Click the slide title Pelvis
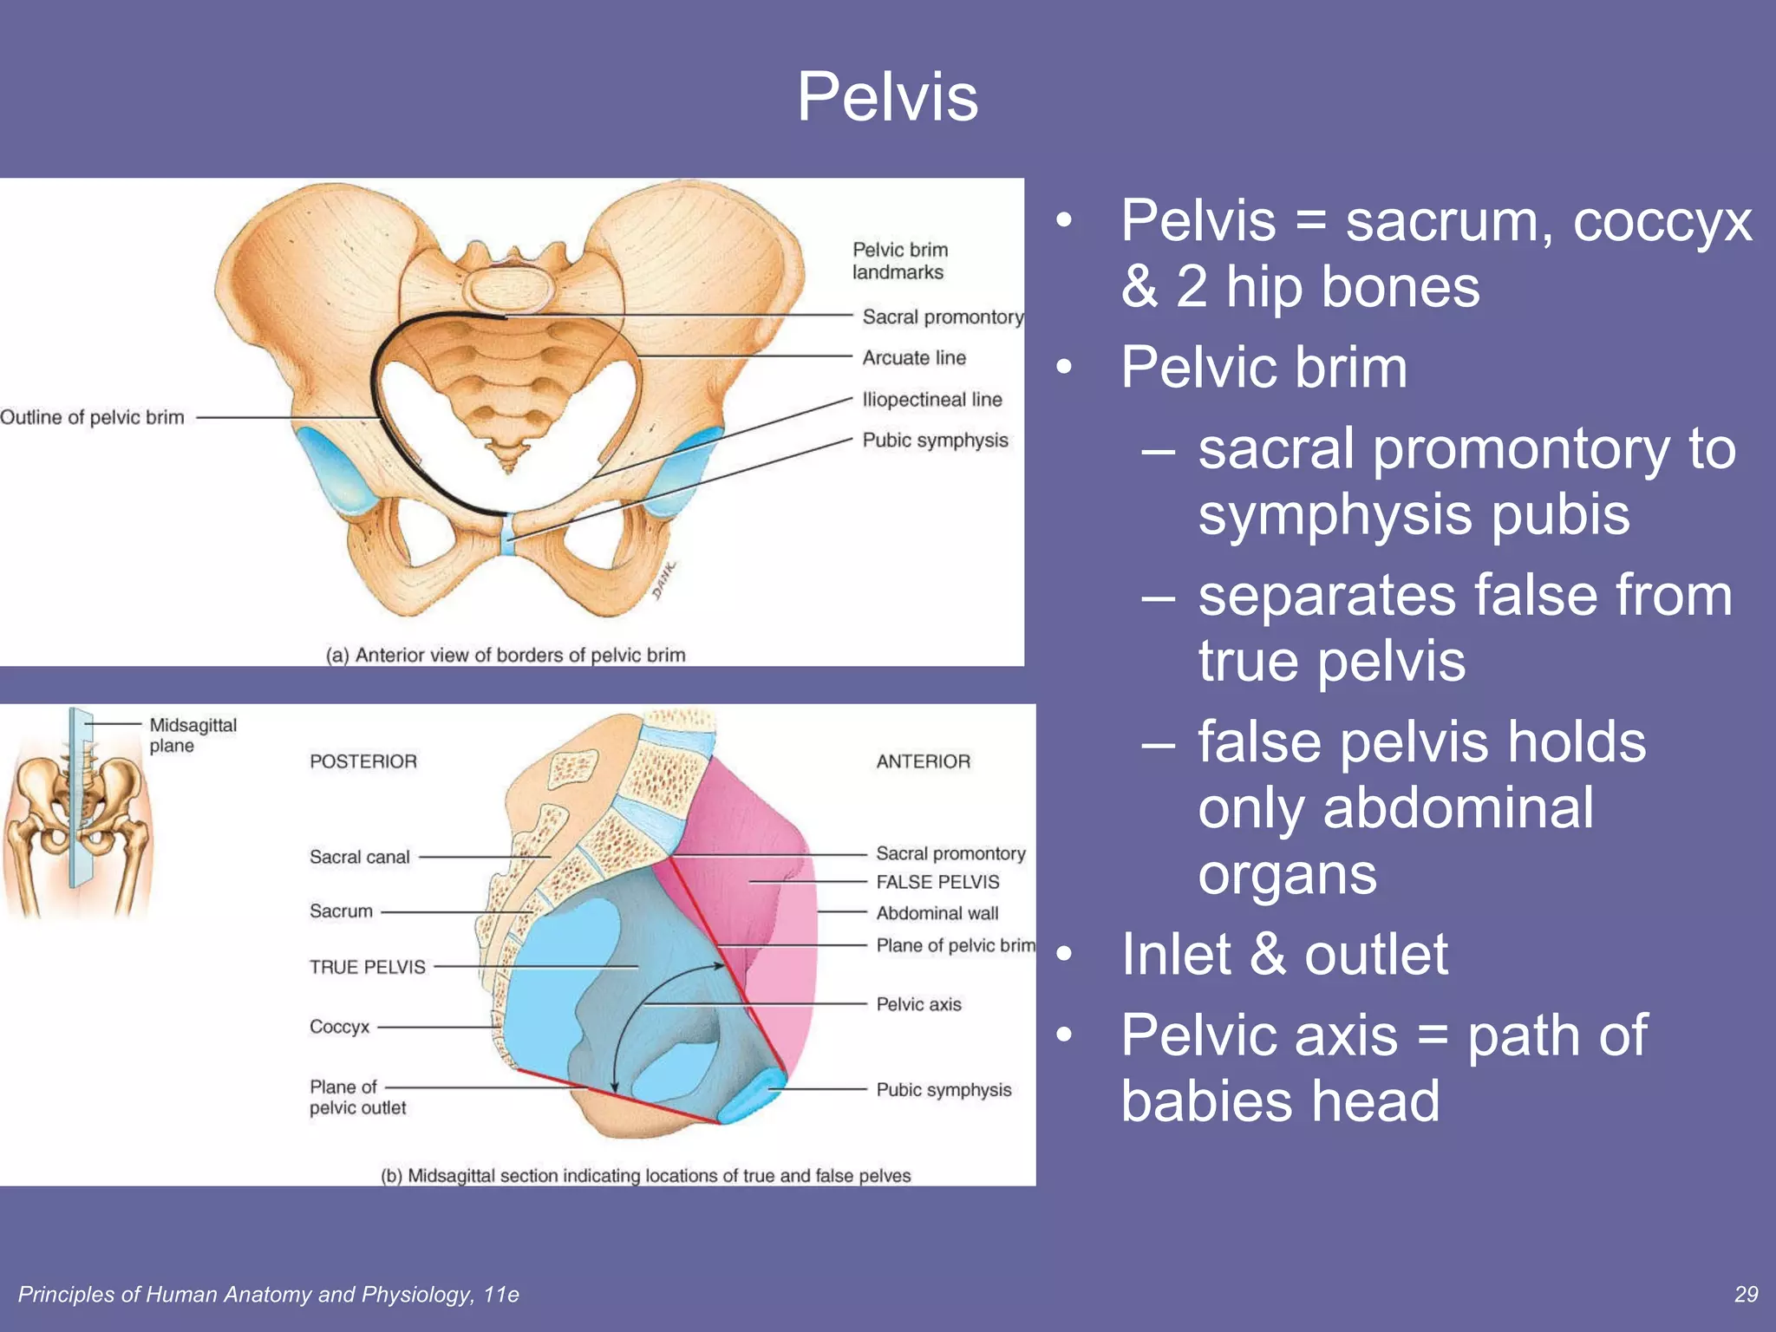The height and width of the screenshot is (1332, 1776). [x=887, y=97]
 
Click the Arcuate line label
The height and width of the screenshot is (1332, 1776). [x=913, y=357]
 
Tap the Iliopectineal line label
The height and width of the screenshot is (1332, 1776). [x=931, y=400]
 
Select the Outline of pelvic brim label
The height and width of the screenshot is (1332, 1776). [x=92, y=417]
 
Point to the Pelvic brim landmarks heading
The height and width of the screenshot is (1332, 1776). [x=899, y=261]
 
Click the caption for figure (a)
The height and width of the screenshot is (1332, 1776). [x=506, y=655]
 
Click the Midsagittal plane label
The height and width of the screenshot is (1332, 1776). [x=192, y=735]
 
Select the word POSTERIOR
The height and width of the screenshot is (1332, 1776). [x=363, y=761]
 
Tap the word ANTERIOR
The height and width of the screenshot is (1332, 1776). [x=923, y=761]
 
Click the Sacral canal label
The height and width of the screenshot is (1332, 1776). [x=359, y=857]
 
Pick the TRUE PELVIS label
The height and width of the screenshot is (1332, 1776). [x=367, y=967]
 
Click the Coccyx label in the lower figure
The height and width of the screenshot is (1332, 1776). [x=339, y=1027]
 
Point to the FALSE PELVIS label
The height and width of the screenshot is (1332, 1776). [x=937, y=882]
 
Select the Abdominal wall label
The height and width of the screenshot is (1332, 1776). [x=937, y=913]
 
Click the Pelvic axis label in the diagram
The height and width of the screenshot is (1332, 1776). [x=918, y=1004]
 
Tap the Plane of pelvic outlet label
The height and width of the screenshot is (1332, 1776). [x=356, y=1097]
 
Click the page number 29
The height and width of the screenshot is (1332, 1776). [x=1746, y=1294]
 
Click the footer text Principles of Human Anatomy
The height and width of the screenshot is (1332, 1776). [x=268, y=1294]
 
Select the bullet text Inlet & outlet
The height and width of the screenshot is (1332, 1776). [x=1283, y=954]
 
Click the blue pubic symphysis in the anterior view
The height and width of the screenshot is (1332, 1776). [x=508, y=536]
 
